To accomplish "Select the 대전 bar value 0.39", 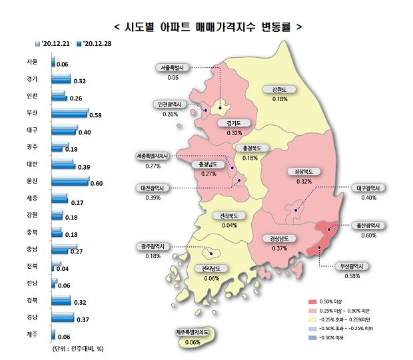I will coord(85,166).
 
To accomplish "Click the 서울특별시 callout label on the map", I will coord(174,68).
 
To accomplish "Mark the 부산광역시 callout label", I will coord(352,266).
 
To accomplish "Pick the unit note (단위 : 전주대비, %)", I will coord(78,348).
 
